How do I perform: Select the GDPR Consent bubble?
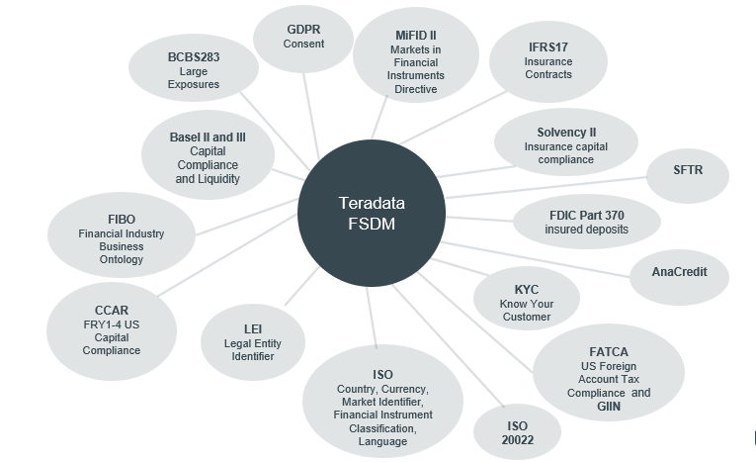[x=302, y=37]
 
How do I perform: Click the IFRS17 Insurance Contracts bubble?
[x=547, y=60]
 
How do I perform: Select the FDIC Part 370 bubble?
[x=586, y=222]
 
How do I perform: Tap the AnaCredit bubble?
[x=679, y=271]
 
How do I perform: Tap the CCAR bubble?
[x=112, y=323]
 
